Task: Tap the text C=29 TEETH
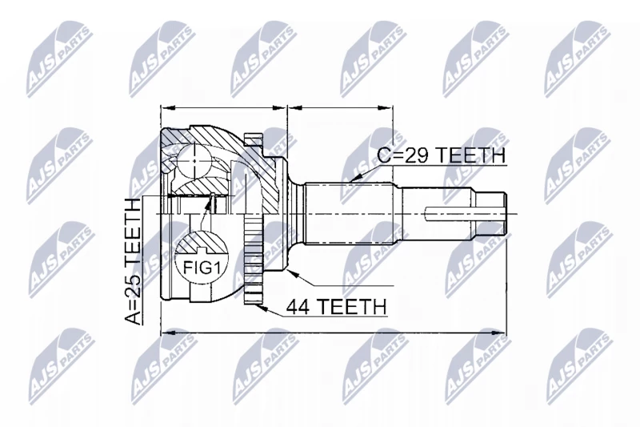pyautogui.click(x=441, y=155)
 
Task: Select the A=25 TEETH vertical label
pyautogui.click(x=132, y=261)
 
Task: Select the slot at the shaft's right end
pyautogui.click(x=466, y=213)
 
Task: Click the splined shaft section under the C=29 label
pyautogui.click(x=351, y=213)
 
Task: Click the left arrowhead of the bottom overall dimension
pyautogui.click(x=168, y=333)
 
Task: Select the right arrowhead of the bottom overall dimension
pyautogui.click(x=498, y=333)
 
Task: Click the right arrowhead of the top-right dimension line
pyautogui.click(x=386, y=108)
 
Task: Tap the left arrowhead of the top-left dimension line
pyautogui.click(x=168, y=108)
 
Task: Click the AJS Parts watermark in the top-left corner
pyautogui.click(x=58, y=59)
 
